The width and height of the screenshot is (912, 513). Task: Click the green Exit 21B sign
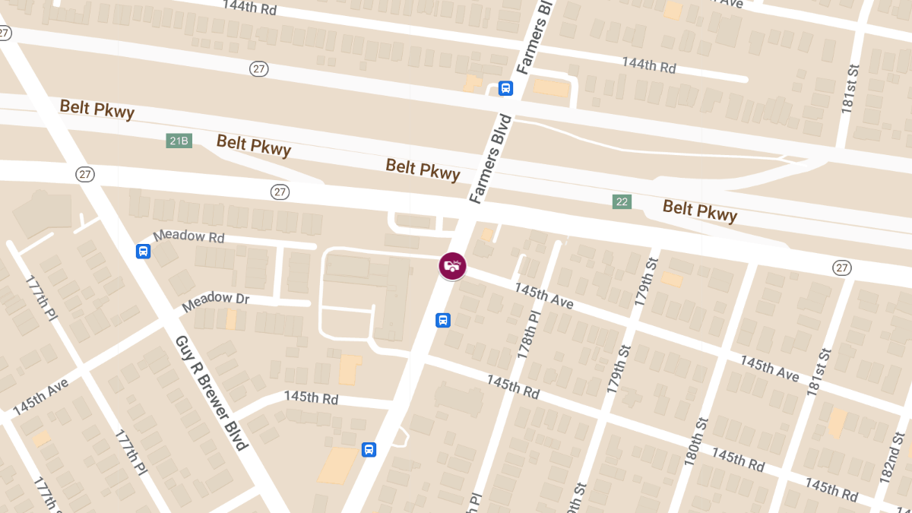179,141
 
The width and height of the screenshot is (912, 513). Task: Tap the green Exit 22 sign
622,201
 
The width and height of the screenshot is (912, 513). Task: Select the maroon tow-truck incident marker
452,266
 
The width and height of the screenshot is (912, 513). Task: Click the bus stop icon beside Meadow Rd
143,252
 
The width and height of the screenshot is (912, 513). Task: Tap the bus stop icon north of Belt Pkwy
505,88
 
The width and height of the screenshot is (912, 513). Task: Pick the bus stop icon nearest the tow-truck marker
443,320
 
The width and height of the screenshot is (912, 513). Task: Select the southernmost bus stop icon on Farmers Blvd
369,449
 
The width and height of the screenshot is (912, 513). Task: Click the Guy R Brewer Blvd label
212,392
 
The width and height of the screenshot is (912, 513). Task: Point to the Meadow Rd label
189,236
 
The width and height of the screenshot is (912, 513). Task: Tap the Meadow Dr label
216,301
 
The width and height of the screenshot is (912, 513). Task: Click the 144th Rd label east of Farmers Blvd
648,65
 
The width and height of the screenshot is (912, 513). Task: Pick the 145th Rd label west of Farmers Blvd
311,397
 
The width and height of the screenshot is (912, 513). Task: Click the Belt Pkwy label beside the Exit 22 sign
699,211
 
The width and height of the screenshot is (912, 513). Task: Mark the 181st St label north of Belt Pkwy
849,93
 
